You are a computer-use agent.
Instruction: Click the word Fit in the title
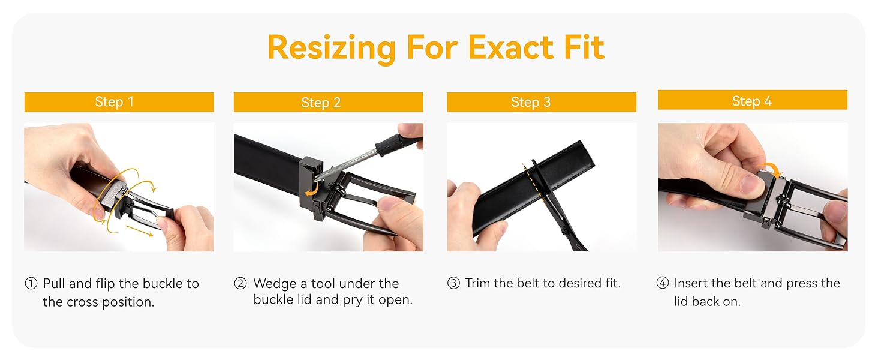pyautogui.click(x=584, y=47)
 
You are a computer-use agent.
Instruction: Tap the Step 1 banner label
pyautogui.click(x=115, y=102)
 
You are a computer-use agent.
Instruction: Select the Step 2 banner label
pyautogui.click(x=321, y=103)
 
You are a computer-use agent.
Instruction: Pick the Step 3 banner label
pyautogui.click(x=531, y=103)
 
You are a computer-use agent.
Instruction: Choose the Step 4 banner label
pyautogui.click(x=752, y=101)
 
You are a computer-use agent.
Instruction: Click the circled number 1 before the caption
pyautogui.click(x=31, y=283)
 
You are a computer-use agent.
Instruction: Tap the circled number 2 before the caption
pyautogui.click(x=240, y=283)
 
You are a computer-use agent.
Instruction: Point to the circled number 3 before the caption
pyautogui.click(x=453, y=283)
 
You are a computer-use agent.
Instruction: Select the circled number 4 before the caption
pyautogui.click(x=663, y=283)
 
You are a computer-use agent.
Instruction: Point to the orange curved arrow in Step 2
pyautogui.click(x=312, y=191)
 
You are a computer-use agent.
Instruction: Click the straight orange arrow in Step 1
pyautogui.click(x=139, y=230)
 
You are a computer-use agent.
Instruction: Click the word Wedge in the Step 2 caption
pyautogui.click(x=275, y=284)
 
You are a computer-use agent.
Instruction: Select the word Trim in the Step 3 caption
pyautogui.click(x=478, y=283)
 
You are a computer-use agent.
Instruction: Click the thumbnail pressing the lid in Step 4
pyautogui.click(x=752, y=184)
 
